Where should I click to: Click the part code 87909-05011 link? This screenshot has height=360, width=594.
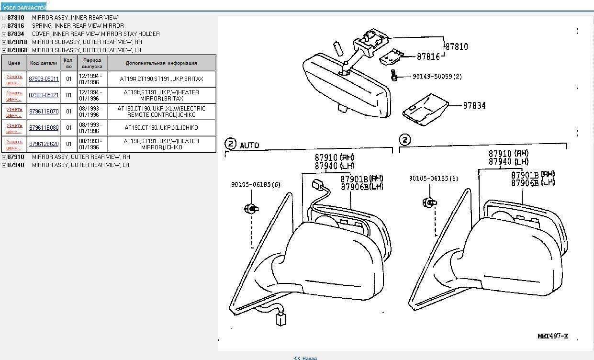(x=44, y=79)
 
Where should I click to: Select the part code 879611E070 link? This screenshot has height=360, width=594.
(x=44, y=112)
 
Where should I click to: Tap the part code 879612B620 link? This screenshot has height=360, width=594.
(x=44, y=144)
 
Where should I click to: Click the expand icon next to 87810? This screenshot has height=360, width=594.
(x=4, y=18)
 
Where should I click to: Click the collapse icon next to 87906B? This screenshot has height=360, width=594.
(x=4, y=50)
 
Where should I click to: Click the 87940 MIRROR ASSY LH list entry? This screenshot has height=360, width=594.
(x=80, y=165)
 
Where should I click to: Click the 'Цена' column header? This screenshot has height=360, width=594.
(x=14, y=63)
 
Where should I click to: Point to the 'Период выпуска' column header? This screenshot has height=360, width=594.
(x=92, y=63)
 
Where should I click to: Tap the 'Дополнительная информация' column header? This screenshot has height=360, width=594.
(x=161, y=63)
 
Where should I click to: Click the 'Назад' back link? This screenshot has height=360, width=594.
(x=306, y=358)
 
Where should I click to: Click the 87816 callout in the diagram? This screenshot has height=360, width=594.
(x=428, y=56)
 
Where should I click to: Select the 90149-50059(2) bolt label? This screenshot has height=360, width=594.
(x=437, y=77)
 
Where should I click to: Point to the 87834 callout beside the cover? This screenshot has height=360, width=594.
(x=474, y=105)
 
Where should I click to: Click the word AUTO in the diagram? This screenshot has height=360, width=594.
(x=249, y=145)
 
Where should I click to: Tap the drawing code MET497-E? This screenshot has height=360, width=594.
(x=552, y=336)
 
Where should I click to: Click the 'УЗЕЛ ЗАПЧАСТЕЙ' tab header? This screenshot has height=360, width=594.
(x=24, y=8)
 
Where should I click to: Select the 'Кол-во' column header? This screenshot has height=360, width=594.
(x=69, y=63)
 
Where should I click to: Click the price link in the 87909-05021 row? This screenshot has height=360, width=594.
(x=14, y=95)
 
